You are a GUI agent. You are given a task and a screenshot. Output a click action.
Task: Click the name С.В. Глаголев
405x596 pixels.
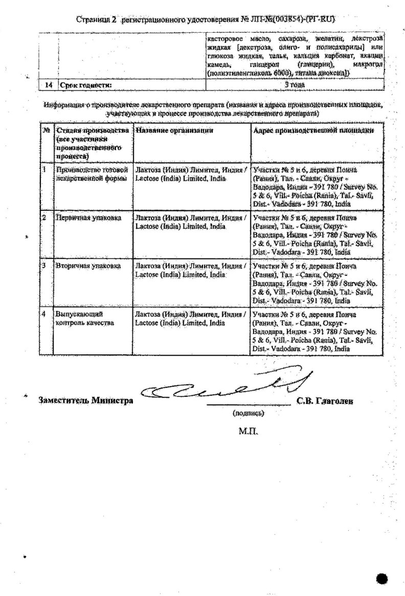pos(325,401)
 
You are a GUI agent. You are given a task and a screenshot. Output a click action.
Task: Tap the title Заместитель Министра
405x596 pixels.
pos(86,400)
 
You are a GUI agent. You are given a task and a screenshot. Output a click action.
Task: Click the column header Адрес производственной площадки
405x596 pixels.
pos(313,131)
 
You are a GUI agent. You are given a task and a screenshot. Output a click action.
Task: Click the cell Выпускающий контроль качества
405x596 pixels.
pos(85,318)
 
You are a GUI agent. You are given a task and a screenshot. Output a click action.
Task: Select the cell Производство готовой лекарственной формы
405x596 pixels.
pos(91,174)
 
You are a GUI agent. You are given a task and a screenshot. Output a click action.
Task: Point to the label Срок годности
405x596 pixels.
pos(85,86)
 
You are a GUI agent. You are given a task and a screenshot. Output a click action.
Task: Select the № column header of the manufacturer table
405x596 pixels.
pos(46,131)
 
